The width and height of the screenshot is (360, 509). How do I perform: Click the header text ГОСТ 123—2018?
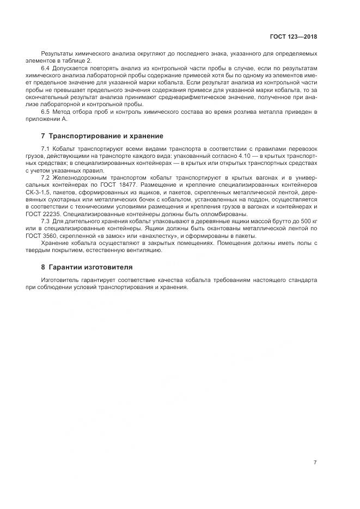(x=294, y=37)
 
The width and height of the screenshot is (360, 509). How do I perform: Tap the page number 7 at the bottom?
(x=315, y=462)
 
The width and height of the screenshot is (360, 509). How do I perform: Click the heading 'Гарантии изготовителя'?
(x=90, y=267)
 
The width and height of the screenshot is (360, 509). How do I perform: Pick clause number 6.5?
(x=45, y=112)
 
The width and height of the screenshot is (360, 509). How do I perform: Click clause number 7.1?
(x=45, y=149)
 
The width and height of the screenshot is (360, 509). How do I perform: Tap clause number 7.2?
(x=45, y=178)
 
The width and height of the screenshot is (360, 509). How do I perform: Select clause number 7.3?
(x=45, y=221)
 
